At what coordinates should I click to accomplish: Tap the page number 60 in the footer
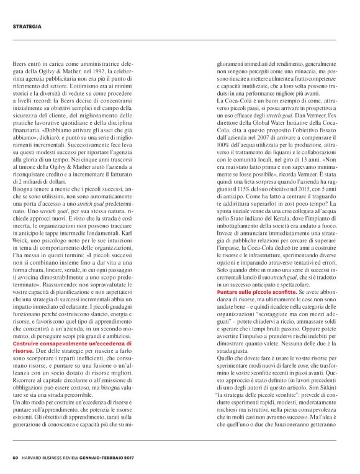[15, 460]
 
